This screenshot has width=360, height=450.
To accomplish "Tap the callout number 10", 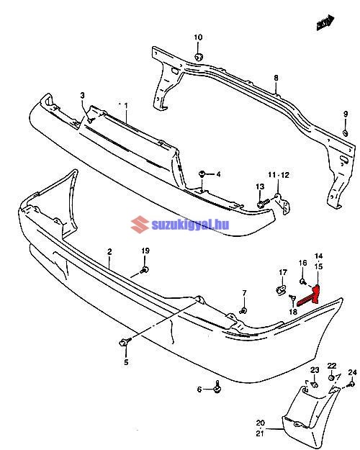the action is pyautogui.click(x=198, y=37).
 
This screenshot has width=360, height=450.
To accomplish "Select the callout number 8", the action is pyautogui.click(x=276, y=78).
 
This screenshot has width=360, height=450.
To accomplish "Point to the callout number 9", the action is pyautogui.click(x=346, y=114).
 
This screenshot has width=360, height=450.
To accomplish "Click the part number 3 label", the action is pyautogui.click(x=82, y=95).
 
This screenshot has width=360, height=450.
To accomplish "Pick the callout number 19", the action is pyautogui.click(x=145, y=251).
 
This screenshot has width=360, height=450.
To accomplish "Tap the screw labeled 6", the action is pyautogui.click(x=218, y=387).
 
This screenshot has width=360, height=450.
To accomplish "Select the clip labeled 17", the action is pyautogui.click(x=281, y=289).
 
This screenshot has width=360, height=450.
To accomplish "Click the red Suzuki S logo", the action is pyautogui.click(x=140, y=225).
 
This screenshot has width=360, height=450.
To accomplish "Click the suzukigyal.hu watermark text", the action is pyautogui.click(x=190, y=225).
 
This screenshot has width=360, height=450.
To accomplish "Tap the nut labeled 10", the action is pyautogui.click(x=199, y=57).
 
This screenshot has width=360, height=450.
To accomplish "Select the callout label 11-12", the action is pyautogui.click(x=279, y=175).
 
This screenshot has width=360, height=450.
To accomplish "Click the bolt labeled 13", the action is pyautogui.click(x=263, y=203).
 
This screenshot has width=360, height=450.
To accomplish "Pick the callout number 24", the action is pyautogui.click(x=353, y=372).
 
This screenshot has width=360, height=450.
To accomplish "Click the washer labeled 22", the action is pyautogui.click(x=332, y=377).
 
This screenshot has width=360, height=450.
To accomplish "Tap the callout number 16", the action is pyautogui.click(x=303, y=264).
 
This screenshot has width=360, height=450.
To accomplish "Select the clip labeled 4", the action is pyautogui.click(x=202, y=174).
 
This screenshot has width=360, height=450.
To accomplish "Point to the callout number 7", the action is pyautogui.click(x=244, y=293).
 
